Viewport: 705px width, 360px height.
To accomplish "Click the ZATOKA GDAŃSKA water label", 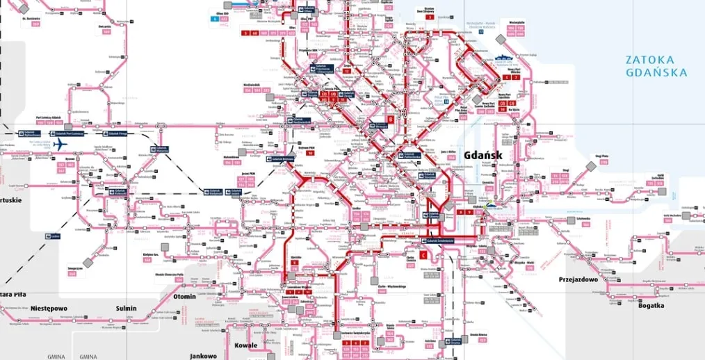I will pos(656,66).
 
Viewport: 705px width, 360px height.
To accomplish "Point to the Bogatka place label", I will pos(650,305).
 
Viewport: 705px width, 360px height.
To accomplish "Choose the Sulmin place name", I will pos(126,308).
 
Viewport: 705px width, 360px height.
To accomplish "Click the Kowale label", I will pos(245,345).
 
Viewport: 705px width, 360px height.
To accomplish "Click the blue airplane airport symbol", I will pos(60,145).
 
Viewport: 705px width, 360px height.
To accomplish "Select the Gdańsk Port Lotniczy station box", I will pos(68,133).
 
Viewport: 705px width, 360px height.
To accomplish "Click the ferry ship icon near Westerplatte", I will pos(503,58).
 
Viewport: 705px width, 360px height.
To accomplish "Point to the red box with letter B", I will pos(391,119).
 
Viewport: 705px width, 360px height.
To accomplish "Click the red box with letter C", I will pos(423,255).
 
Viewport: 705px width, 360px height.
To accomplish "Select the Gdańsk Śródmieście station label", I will pos(436,240).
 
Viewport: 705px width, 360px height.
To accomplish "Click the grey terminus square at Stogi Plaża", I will pos(590,166).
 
